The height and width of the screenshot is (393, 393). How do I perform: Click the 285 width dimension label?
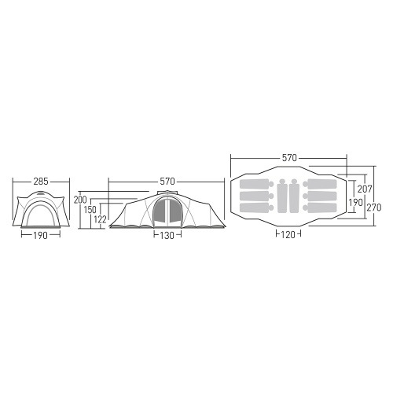[41, 182]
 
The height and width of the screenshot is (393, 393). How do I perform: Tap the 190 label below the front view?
[40, 236]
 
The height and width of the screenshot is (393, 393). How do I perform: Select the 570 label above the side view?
[167, 182]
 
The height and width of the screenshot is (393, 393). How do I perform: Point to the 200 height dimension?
[80, 200]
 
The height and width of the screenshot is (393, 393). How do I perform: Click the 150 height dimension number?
[90, 210]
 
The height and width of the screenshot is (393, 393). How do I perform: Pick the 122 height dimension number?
[100, 219]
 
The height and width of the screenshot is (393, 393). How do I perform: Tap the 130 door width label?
[167, 236]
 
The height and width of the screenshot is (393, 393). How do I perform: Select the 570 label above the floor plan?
[289, 158]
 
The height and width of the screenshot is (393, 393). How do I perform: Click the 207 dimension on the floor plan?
[365, 189]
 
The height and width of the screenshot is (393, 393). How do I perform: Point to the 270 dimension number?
[374, 208]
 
